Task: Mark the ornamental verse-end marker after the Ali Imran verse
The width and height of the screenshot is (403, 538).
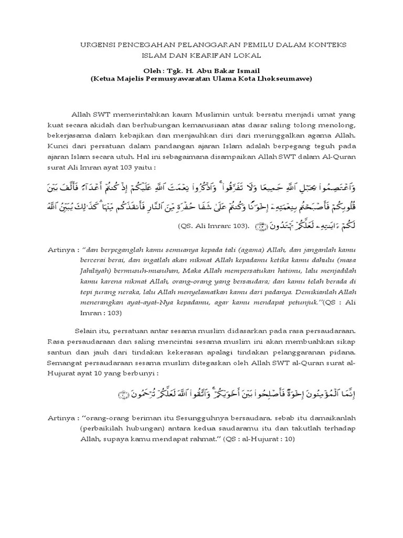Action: point(261,226)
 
